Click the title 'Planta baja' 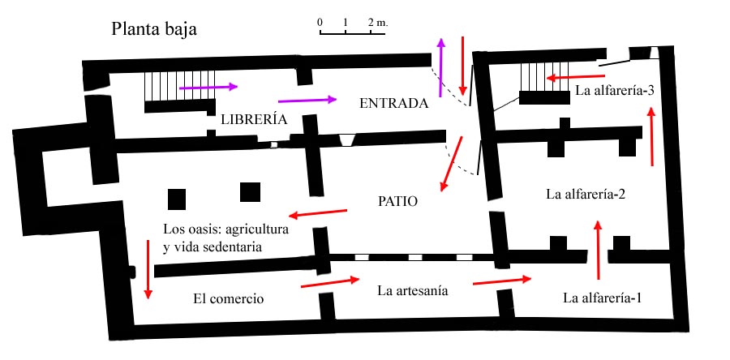tap(154, 29)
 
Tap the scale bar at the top tap(352, 32)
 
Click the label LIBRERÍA tap(254, 119)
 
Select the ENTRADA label tap(394, 103)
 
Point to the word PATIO tap(397, 202)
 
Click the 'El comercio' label tap(228, 298)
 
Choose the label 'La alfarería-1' tap(602, 298)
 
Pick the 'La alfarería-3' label tap(615, 90)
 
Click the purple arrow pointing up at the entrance tap(440, 68)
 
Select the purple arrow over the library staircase tap(208, 87)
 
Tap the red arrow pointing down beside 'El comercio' tap(148, 269)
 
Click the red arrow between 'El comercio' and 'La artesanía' tap(331, 283)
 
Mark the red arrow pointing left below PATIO tap(318, 213)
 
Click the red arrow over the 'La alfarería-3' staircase tap(575, 77)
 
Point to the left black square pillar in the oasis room tap(177, 199)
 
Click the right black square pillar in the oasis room tap(250, 192)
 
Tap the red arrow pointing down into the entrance tap(463, 66)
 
